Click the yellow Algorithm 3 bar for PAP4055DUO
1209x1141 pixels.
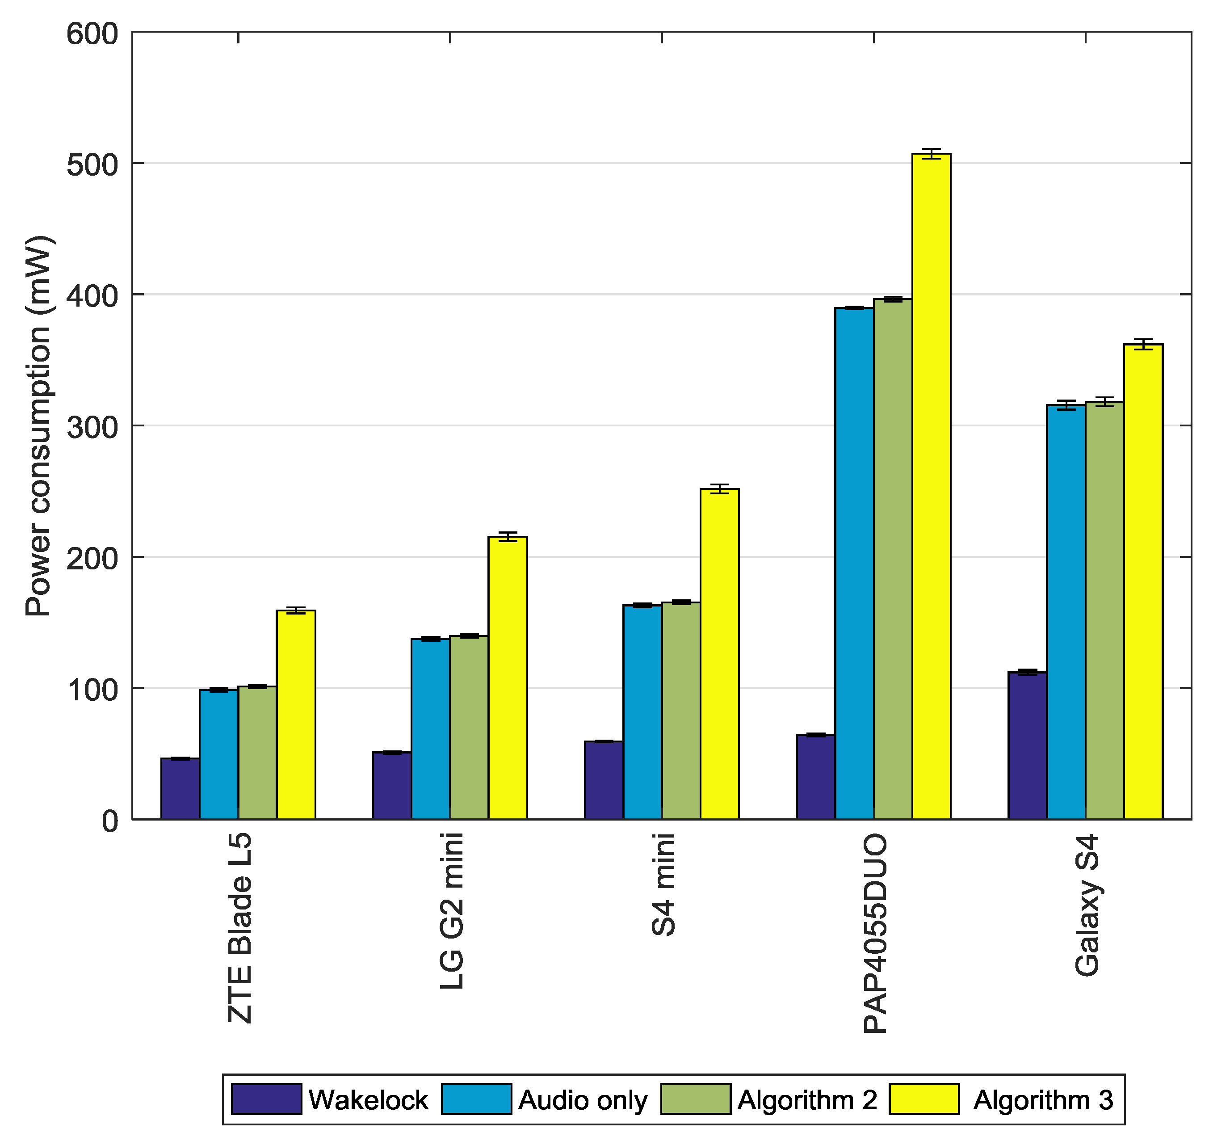point(931,487)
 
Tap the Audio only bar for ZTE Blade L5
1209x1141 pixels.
point(219,754)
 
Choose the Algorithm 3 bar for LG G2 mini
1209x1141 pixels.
point(508,678)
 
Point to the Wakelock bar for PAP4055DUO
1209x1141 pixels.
point(815,777)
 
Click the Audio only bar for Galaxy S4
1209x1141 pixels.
point(1066,611)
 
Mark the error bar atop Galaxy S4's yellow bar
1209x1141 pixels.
point(1143,344)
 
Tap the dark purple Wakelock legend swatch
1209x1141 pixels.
point(266,1099)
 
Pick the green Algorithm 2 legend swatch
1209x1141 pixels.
point(696,1099)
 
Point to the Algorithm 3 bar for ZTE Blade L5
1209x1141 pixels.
point(296,715)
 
